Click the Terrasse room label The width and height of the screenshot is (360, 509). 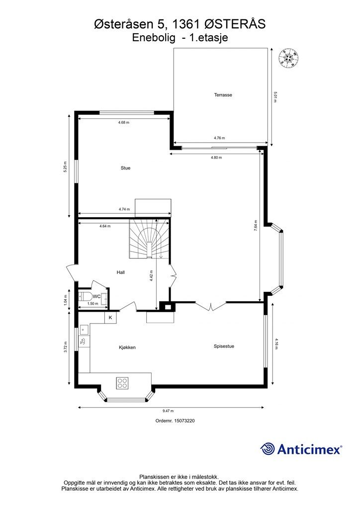coord(223,95)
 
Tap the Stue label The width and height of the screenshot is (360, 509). coord(126,168)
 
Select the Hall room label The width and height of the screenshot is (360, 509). coord(121,272)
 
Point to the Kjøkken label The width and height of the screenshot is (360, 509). coord(127,347)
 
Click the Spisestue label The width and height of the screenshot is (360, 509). coord(224,346)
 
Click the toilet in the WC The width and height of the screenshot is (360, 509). coord(85,296)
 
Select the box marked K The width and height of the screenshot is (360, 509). coord(110,318)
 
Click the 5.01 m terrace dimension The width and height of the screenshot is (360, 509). coord(275,97)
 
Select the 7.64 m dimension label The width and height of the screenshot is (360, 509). coord(256,226)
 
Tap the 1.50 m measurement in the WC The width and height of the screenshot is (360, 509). coord(93,304)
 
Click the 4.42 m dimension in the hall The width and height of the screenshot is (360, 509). coord(152,276)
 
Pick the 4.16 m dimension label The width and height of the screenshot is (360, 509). coord(276,344)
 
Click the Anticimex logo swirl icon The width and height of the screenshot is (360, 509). coord(267,449)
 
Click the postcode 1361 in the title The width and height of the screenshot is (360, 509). coord(186,24)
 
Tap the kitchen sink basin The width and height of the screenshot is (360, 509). coord(83,330)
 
